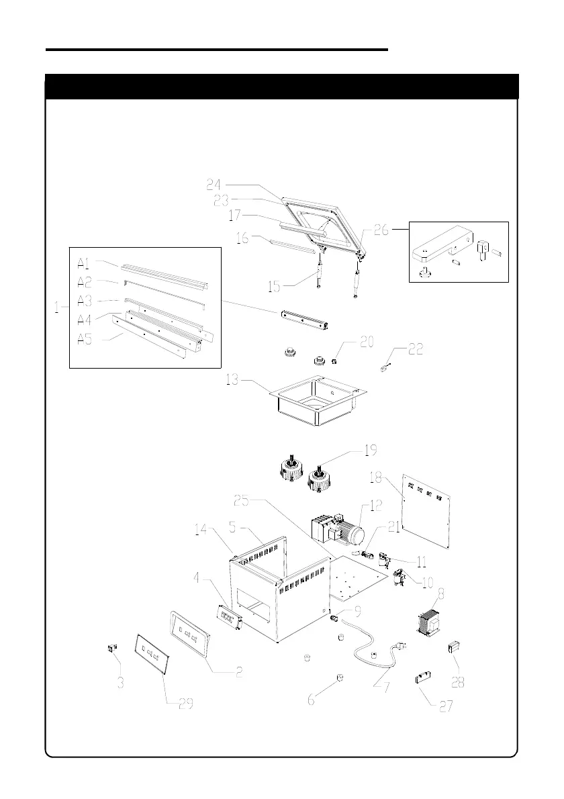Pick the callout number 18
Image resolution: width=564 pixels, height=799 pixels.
[377, 477]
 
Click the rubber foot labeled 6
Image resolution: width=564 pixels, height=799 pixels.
[340, 676]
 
